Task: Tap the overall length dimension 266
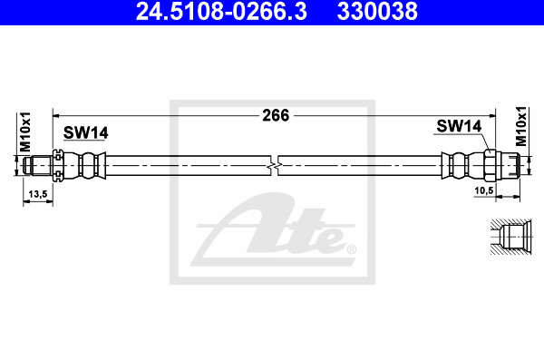tap(274, 115)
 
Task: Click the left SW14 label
tap(85, 132)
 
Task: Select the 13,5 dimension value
tap(38, 193)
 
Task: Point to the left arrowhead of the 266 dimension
tap(55, 115)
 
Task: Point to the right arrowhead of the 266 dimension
tap(494, 115)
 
